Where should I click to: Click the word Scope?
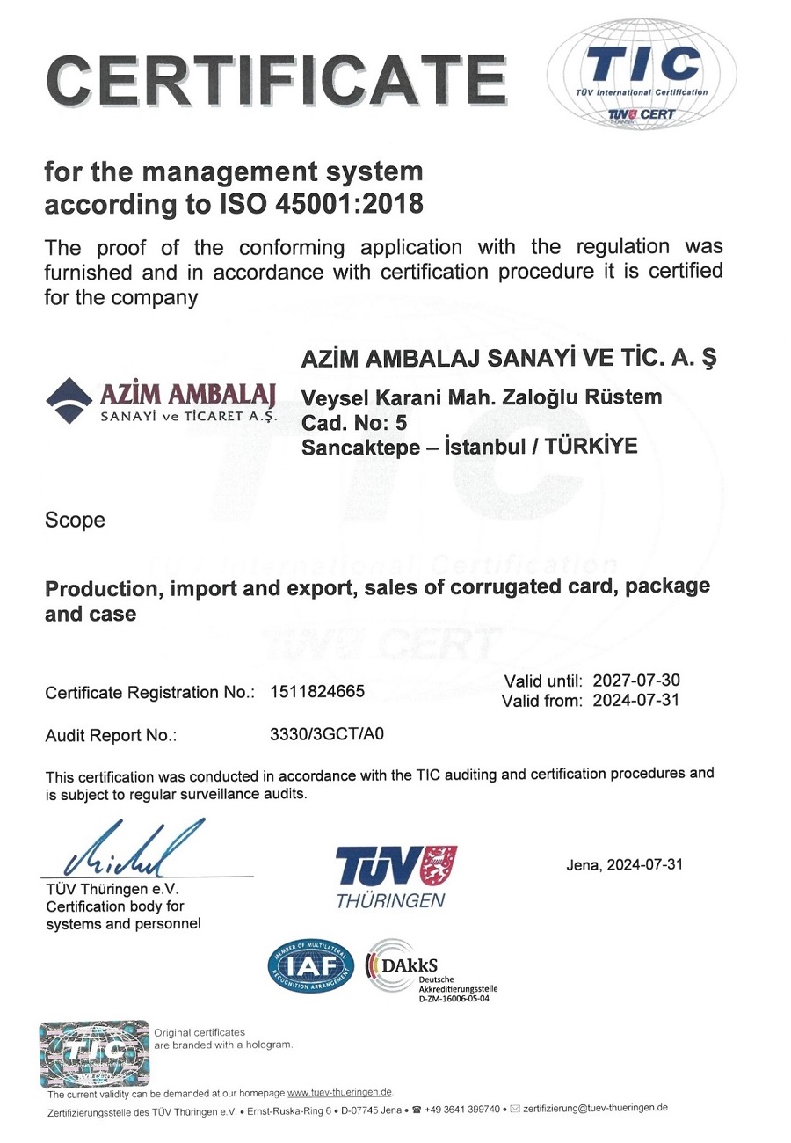coord(75,520)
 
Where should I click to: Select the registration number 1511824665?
coord(316,691)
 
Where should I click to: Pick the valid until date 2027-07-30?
coord(636,681)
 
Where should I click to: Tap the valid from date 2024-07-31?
coord(636,701)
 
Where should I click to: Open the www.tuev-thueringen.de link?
coord(340,1092)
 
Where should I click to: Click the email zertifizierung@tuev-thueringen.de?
coord(595,1108)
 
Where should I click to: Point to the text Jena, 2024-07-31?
coord(624,864)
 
